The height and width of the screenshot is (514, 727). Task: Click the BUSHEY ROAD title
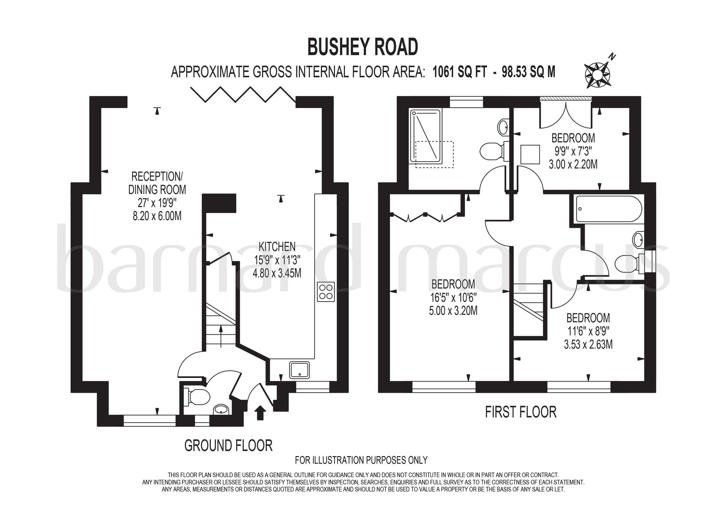[363, 47]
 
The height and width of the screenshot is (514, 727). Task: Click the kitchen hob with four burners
[326, 292]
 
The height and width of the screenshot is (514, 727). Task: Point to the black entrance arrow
[260, 412]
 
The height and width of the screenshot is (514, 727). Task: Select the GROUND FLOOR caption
[228, 446]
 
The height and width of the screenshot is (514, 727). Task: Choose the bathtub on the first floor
[609, 209]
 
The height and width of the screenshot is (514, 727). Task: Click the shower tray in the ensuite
[426, 136]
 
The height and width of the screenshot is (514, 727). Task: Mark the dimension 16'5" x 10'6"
[453, 298]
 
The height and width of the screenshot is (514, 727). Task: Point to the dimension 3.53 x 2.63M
[588, 344]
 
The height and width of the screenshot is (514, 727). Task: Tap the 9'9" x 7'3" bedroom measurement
[573, 151]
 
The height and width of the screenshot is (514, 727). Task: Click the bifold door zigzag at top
[243, 94]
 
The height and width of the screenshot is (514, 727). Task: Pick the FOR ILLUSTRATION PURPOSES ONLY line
[361, 460]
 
